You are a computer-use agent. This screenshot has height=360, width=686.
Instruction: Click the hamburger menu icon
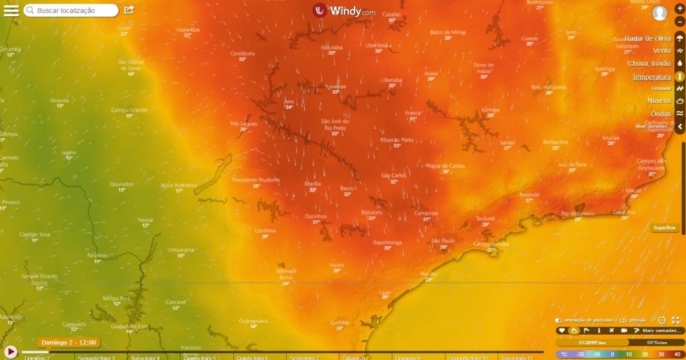[x=11, y=10]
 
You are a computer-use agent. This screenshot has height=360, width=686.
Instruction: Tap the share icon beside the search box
[x=129, y=10]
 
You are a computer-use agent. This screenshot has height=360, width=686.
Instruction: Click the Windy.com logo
[x=344, y=11]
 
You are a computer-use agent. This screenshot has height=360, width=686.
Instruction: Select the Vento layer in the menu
[x=661, y=51]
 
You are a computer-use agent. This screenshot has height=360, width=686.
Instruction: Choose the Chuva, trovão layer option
[x=649, y=64]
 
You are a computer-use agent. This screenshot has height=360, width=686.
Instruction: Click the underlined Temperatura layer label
[x=651, y=77]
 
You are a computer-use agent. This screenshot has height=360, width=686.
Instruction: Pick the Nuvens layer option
[x=659, y=101]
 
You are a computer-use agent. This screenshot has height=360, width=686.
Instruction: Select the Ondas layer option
[x=661, y=114]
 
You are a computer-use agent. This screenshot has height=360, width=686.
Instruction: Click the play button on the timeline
[x=11, y=352]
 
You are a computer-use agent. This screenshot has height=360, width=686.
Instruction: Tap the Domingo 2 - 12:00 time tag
[x=69, y=342]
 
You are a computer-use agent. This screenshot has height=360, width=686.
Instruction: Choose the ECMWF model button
[x=592, y=342]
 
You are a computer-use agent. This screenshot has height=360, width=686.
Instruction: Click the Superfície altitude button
[x=664, y=228]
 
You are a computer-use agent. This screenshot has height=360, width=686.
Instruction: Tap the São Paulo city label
[x=443, y=241]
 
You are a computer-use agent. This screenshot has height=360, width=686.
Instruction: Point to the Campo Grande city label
[x=129, y=110]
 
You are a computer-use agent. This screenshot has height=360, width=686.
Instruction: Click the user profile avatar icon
[x=660, y=13]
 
